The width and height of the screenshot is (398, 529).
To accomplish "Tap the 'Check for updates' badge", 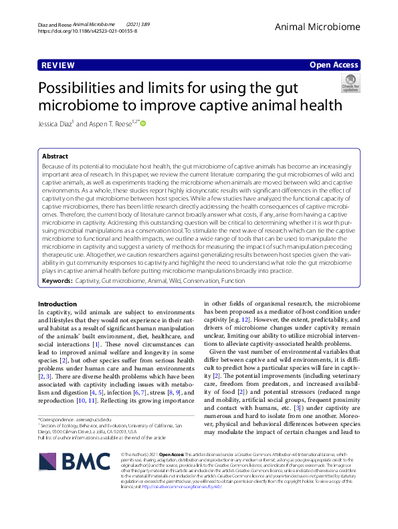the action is coord(350,84).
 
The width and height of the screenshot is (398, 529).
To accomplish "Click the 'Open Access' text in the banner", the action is coord(334,65).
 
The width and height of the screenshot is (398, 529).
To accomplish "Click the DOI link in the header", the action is coord(88,31).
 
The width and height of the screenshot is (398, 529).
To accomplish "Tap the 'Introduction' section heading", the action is coord(58,304).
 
